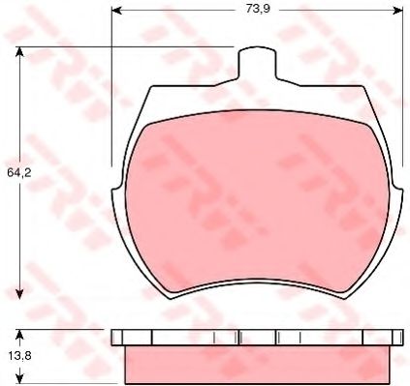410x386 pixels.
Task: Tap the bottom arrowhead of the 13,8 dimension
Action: [x=20, y=376]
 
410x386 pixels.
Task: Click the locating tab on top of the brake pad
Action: [x=257, y=61]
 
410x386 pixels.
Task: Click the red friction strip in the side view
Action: [x=257, y=364]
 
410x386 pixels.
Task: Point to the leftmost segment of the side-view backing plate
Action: [x=118, y=338]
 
